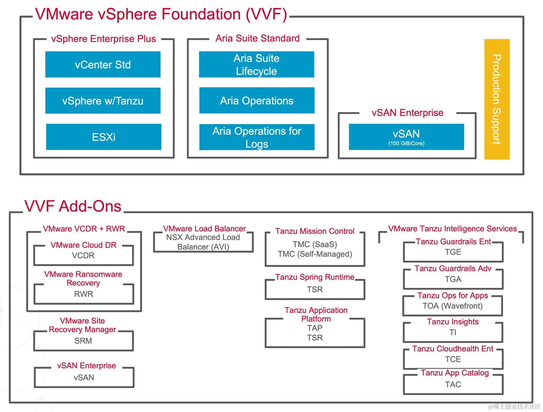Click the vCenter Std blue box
click(x=103, y=64)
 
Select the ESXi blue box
click(x=103, y=137)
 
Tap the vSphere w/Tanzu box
click(x=103, y=101)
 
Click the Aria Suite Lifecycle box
click(x=256, y=64)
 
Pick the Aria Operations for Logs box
click(x=257, y=137)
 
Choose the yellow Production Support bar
click(x=497, y=99)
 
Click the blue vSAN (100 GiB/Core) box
click(x=406, y=137)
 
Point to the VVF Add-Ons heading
click(x=73, y=206)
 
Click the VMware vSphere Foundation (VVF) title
click(x=161, y=14)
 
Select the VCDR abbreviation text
click(x=83, y=255)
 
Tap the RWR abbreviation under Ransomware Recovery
click(x=84, y=294)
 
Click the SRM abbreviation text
click(x=83, y=341)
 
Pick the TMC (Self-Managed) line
click(x=315, y=254)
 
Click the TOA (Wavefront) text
click(x=452, y=306)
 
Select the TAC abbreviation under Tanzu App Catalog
click(x=453, y=384)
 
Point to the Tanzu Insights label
click(x=453, y=322)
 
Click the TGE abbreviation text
click(x=453, y=252)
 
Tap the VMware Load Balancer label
click(x=204, y=229)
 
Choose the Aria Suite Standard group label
click(x=257, y=38)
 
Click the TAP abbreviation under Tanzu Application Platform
click(x=315, y=328)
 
